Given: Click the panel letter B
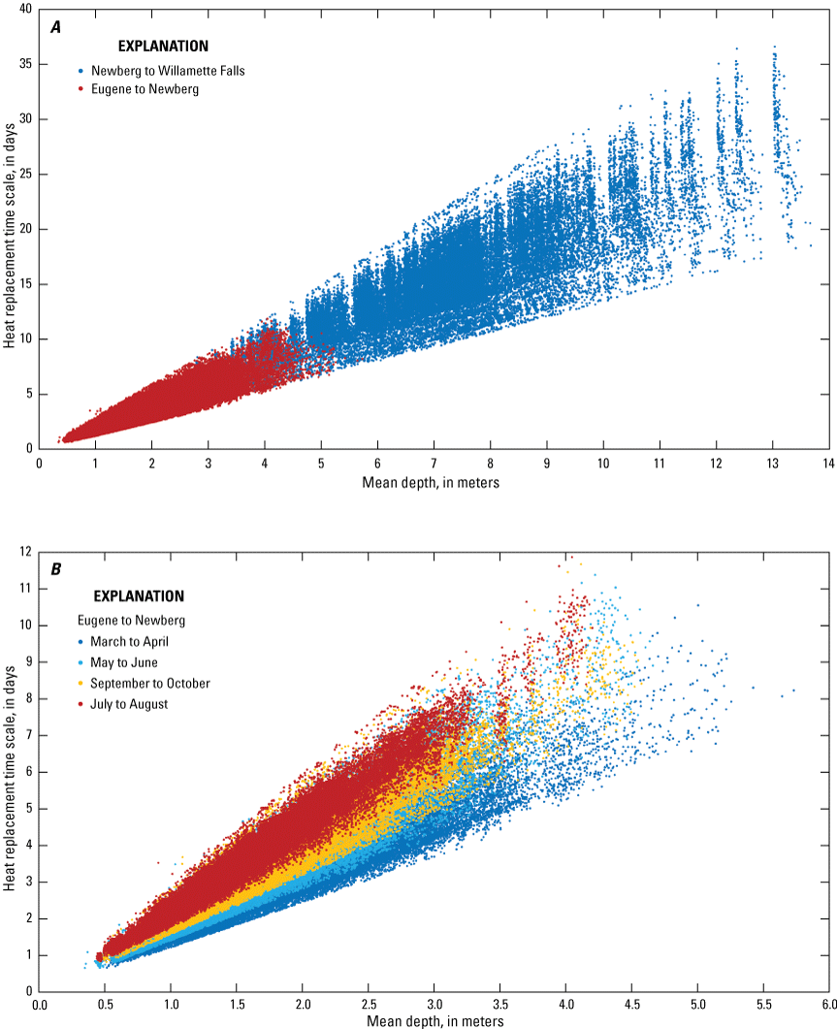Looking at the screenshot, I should tap(56, 569).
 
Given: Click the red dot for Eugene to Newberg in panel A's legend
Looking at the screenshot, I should tap(80, 89).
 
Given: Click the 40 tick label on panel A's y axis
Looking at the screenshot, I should tap(22, 9).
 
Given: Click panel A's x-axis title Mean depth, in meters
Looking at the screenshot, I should tap(434, 482).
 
